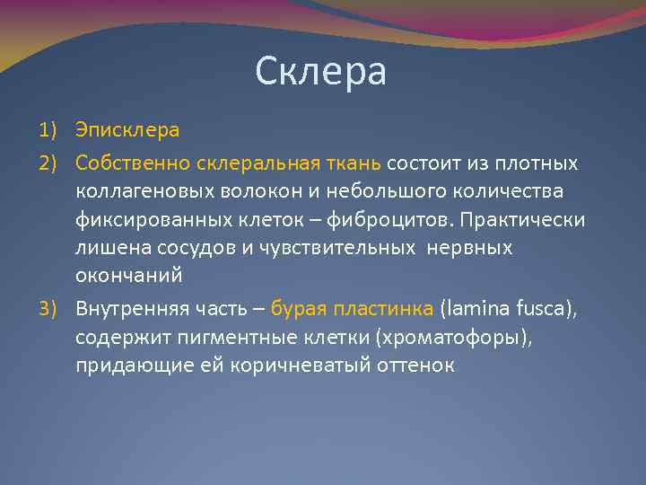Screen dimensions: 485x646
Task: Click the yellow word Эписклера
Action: (x=127, y=130)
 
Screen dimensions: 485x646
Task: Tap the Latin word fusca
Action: (x=542, y=310)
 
